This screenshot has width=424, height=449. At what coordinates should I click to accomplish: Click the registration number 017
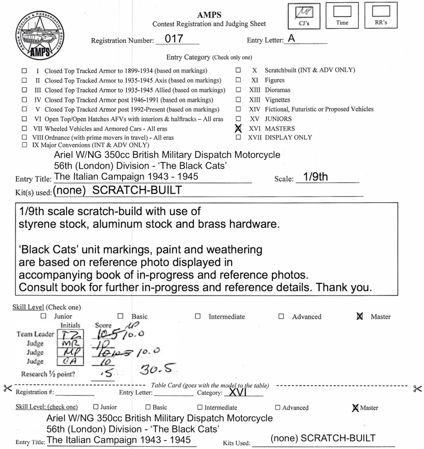pos(174,39)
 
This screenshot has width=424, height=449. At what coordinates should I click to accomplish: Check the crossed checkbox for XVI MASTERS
pos(238,128)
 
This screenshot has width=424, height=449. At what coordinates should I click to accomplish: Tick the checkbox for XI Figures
pos(238,80)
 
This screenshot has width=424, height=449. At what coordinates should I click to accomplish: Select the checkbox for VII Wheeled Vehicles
pos(24,128)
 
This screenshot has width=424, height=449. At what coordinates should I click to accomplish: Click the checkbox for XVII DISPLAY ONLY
pos(238,137)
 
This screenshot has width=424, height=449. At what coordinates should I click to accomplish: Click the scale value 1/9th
pos(315,177)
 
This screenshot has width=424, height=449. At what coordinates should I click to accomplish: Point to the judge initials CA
pos(70,361)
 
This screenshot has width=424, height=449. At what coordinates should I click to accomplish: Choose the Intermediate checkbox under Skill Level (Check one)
pos(198,316)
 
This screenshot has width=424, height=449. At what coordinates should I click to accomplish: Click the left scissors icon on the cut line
pos(7,388)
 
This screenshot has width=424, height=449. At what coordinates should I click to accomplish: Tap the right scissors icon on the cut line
pos(417,389)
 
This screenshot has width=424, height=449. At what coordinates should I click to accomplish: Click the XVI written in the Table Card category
pos(238,392)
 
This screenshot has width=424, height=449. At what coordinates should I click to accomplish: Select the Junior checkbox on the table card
pos(96,407)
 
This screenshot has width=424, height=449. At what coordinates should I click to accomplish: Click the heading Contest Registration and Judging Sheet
pos(209,24)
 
